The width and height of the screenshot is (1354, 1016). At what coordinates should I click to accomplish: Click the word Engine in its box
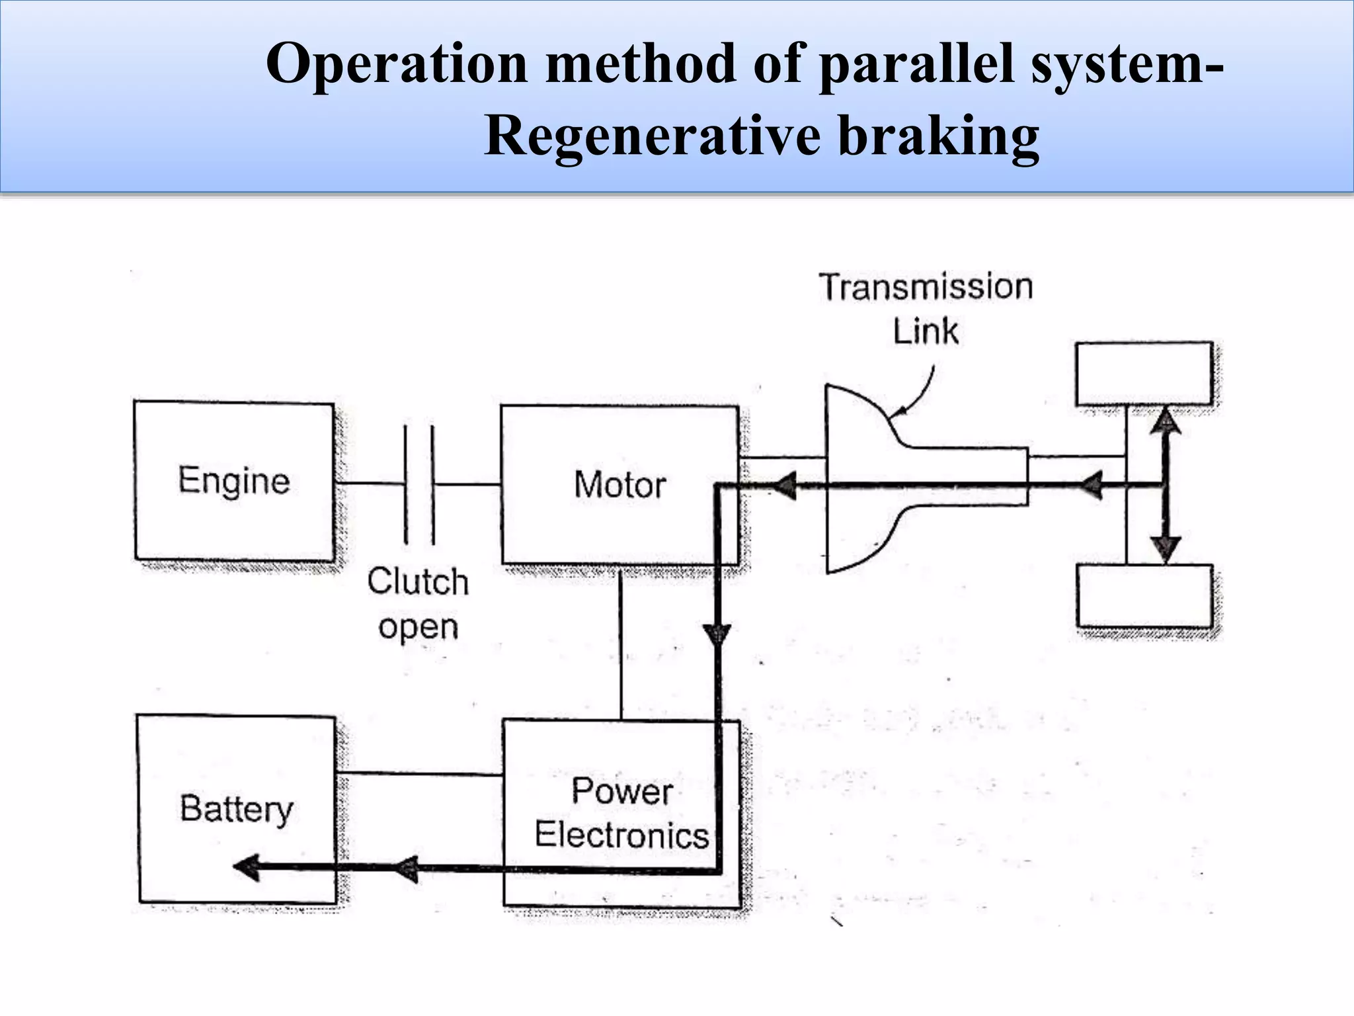pyautogui.click(x=234, y=481)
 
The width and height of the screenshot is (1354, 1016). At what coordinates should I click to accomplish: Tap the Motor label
pyautogui.click(x=619, y=485)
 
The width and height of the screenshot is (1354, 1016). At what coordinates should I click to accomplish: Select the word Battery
pyautogui.click(x=236, y=810)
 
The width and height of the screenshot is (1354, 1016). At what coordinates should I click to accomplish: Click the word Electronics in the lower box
pyautogui.click(x=621, y=835)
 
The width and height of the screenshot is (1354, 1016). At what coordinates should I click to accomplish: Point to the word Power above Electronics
pyautogui.click(x=621, y=791)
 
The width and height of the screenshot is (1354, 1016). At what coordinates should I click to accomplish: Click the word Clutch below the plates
pyautogui.click(x=418, y=582)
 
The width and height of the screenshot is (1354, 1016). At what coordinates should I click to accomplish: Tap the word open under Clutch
pyautogui.click(x=418, y=627)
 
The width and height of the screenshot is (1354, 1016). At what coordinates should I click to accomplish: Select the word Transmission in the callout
pyautogui.click(x=926, y=288)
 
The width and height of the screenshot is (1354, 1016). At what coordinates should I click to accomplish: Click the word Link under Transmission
pyautogui.click(x=926, y=331)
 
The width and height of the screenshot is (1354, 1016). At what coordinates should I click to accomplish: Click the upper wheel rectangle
pyautogui.click(x=1144, y=374)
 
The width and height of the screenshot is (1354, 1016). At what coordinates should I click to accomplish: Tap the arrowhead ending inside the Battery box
pyautogui.click(x=247, y=867)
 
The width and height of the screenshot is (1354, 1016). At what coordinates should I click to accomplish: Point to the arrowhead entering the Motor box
pyautogui.click(x=784, y=487)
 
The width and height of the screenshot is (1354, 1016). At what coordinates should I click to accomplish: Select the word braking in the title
pyautogui.click(x=939, y=136)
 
